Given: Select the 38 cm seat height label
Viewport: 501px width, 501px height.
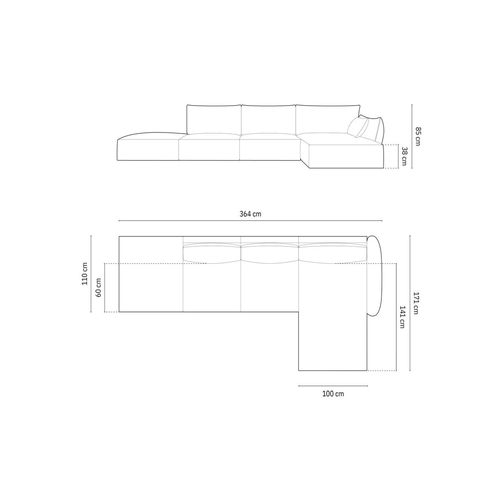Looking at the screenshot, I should pos(404,156).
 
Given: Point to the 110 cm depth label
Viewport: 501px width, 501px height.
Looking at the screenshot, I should pos(85,274).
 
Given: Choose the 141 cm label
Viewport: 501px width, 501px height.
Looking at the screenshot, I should pos(402,317).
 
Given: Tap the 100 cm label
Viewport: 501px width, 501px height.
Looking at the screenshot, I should pos(333,394).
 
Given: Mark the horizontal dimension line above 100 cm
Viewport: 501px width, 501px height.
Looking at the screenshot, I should pos(333,386).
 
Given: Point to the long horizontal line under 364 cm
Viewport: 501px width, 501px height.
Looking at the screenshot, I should pos(250,221).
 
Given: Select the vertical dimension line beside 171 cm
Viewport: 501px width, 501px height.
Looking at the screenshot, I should pos(410,303).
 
